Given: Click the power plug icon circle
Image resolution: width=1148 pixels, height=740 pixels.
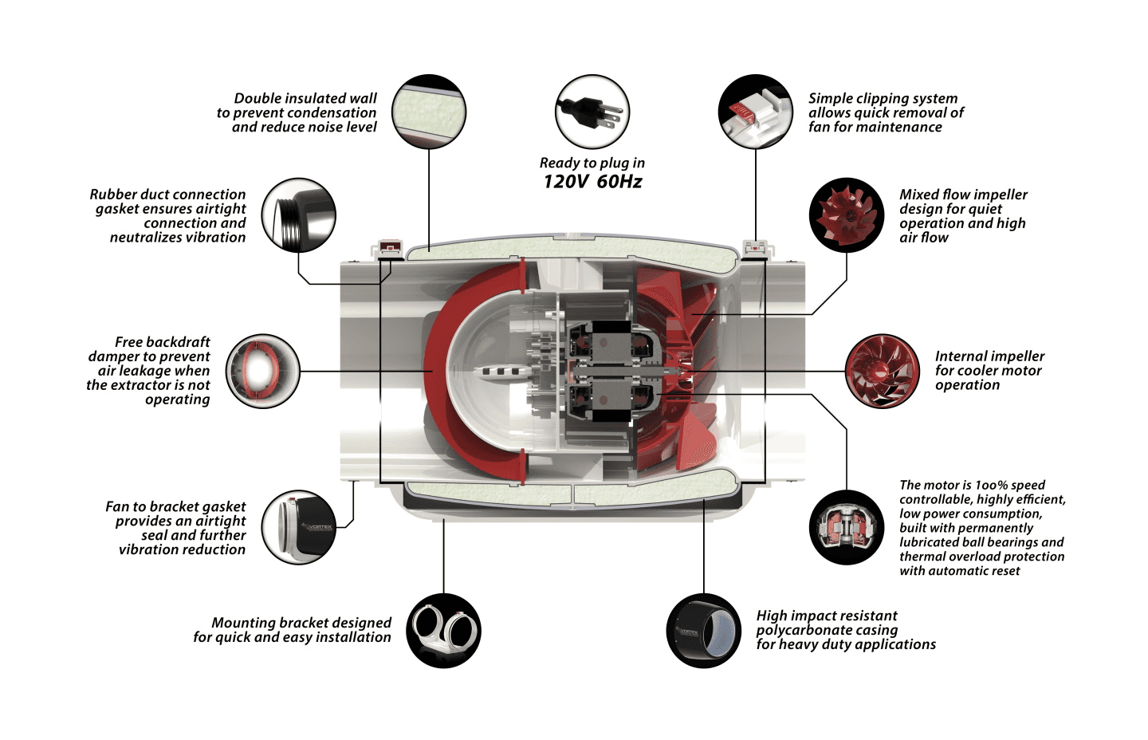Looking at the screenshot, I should pyautogui.click(x=592, y=112).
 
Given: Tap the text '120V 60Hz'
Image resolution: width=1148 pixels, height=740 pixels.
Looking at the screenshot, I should pyautogui.click(x=592, y=182).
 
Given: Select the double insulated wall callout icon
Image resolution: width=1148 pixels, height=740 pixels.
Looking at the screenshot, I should pyautogui.click(x=429, y=112).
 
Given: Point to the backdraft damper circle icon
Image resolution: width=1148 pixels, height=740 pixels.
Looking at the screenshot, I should pyautogui.click(x=262, y=372).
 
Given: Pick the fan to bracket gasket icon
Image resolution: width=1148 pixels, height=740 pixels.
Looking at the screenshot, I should pyautogui.click(x=299, y=527).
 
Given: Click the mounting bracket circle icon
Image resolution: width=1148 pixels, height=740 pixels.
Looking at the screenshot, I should pyautogui.click(x=443, y=631).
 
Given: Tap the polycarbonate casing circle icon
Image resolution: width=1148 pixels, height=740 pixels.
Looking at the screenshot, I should pyautogui.click(x=704, y=631).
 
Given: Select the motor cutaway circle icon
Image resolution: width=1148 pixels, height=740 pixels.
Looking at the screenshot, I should pyautogui.click(x=847, y=527).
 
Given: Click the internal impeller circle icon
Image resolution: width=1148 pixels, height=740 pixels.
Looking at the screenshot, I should pyautogui.click(x=883, y=372).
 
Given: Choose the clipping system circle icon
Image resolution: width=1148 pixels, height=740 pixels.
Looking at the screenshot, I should pyautogui.click(x=755, y=112).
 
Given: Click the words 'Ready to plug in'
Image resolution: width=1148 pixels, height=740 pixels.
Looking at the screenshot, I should pyautogui.click(x=592, y=163).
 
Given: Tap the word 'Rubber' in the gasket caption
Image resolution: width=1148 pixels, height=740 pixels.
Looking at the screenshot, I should pyautogui.click(x=112, y=195).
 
